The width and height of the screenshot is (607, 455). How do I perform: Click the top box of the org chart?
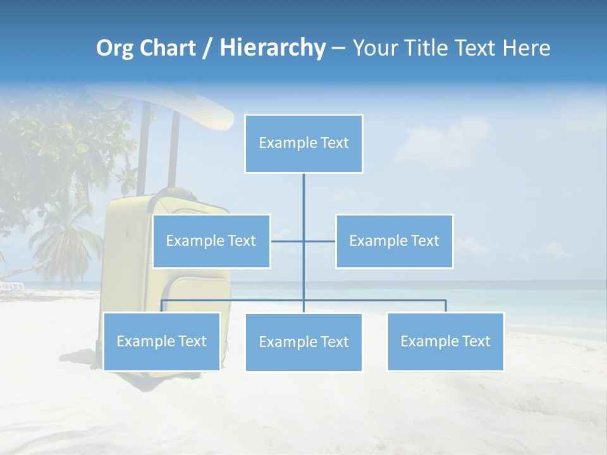pos(303,143)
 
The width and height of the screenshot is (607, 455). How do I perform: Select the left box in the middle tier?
pos(211,241)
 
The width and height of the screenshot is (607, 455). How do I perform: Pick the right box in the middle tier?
pos(394,241)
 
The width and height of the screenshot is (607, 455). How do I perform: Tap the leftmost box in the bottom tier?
pos(162,341)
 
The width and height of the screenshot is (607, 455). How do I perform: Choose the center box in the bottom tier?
pos(303,342)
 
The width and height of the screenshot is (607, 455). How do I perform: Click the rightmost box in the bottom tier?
pos(445,341)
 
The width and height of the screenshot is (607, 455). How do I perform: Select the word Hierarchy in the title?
pos(272,48)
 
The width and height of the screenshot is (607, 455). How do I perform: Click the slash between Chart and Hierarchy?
pos(207,49)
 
